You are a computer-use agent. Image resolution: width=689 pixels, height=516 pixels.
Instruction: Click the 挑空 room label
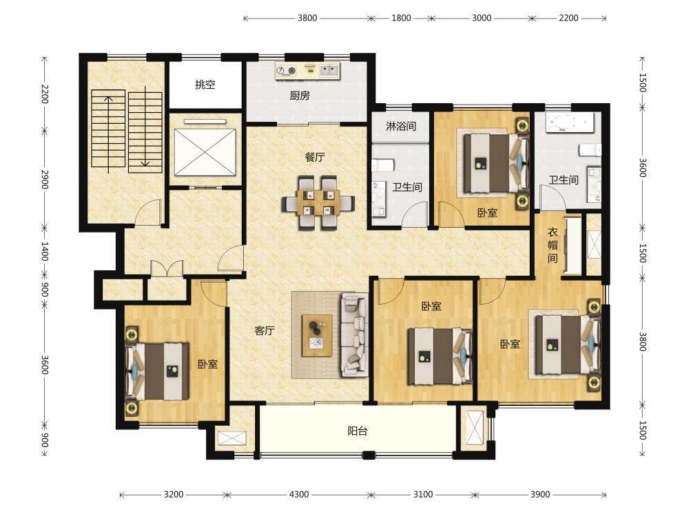coord(205,85)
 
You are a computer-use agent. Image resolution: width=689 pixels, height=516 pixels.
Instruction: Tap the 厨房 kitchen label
coord(300,95)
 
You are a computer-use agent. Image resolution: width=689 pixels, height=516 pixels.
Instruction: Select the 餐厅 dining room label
coord(315,157)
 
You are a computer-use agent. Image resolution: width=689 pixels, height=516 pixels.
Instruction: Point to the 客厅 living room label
coord(264,330)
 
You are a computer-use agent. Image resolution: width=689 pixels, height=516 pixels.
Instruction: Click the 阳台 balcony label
coord(357,431)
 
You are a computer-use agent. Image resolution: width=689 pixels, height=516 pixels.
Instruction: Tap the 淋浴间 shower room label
coord(401,127)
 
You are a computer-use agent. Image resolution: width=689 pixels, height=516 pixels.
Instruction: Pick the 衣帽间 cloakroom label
coord(553,245)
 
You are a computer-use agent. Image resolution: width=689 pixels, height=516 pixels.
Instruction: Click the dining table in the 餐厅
coord(318,203)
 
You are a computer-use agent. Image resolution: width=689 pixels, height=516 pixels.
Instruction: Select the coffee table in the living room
coord(317,335)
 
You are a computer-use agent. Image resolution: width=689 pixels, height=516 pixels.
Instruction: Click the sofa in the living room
coord(355,335)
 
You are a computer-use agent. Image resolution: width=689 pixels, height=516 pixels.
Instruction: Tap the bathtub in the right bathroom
coord(570,122)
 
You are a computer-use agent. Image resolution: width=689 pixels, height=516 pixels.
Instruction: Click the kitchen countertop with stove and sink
coord(308,72)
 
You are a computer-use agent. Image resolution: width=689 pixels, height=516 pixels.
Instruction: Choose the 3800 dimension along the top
coord(307,18)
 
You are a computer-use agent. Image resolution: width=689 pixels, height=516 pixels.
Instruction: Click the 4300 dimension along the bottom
coord(298,495)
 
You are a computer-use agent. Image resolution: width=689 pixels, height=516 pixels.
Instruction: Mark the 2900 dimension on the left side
coord(44,179)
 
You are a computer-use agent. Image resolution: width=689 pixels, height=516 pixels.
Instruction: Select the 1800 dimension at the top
coord(401,18)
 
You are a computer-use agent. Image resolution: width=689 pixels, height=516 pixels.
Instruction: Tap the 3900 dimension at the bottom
coord(539,495)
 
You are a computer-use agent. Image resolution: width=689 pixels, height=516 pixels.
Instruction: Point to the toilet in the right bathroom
coord(590,149)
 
